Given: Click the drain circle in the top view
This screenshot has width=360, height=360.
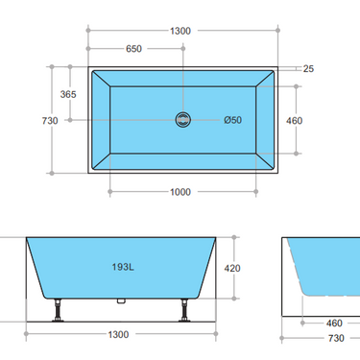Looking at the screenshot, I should (x=183, y=120).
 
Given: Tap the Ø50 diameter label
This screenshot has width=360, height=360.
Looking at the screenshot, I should (x=232, y=120).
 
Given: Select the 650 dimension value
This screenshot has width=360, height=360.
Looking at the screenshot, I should (x=135, y=49).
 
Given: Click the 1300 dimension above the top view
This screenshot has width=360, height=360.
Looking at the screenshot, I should (x=180, y=30).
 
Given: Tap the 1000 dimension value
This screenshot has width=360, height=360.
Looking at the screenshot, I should (x=180, y=191).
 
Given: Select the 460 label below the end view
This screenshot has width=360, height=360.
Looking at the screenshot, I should (x=334, y=324).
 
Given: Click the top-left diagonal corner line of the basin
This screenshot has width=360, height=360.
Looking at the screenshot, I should (x=101, y=78).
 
